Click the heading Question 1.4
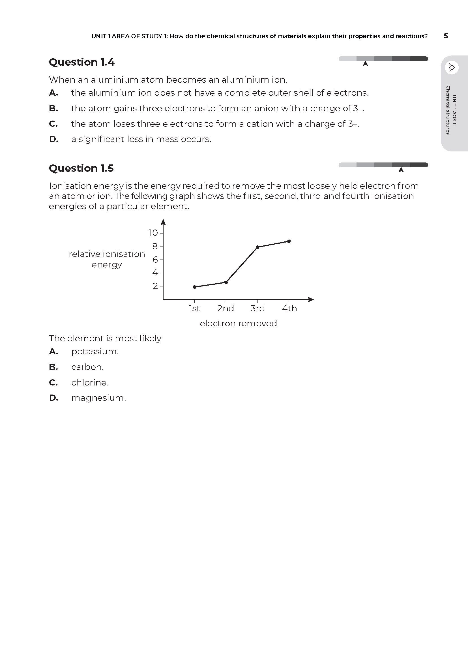click(81, 62)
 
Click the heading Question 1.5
click(81, 168)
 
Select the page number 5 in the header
click(446, 36)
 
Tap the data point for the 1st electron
click(194, 287)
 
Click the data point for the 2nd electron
click(226, 282)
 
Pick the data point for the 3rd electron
click(258, 247)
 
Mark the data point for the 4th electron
click(289, 241)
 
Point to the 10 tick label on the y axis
click(153, 233)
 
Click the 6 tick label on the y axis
click(155, 260)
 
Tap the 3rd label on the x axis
click(258, 308)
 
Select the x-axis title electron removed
click(238, 323)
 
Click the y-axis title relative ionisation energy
click(107, 259)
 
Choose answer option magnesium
click(98, 398)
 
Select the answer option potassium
click(95, 352)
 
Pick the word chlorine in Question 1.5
click(90, 383)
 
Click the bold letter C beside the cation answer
click(53, 124)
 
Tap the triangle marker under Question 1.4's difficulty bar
click(365, 64)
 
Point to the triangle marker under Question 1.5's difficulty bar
click(401, 170)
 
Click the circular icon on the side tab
click(452, 68)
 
